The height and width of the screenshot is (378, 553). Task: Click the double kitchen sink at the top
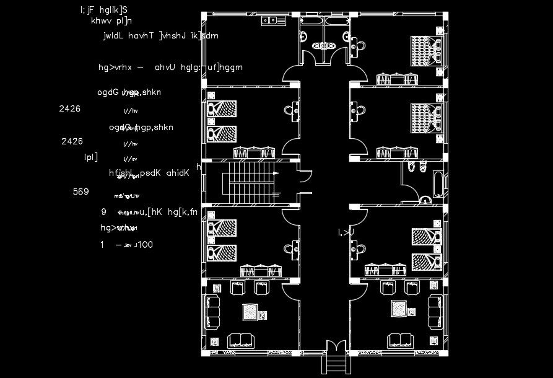pyautogui.click(x=271, y=20)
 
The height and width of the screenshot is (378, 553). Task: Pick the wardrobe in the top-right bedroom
pyautogui.click(x=398, y=79)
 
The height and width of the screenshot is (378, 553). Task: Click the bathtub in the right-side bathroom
pyautogui.click(x=438, y=184)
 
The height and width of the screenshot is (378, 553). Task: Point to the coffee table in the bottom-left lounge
pyautogui.click(x=250, y=310)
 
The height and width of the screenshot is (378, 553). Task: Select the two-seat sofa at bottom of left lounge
pyautogui.click(x=242, y=340)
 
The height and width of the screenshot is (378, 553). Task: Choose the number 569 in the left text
pyautogui.click(x=81, y=192)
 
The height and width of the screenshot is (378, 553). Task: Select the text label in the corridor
pyautogui.click(x=346, y=232)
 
